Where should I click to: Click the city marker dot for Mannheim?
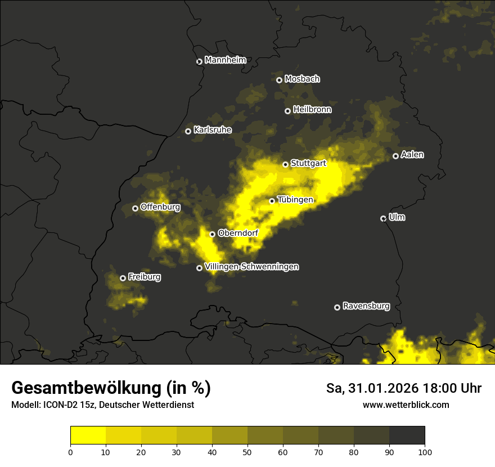click(199, 62)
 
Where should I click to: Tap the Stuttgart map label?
click(308, 163)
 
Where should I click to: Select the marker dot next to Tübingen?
click(272, 201)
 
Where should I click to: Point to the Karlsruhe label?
click(212, 130)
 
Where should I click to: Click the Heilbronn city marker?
click(287, 111)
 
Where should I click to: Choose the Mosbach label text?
click(302, 79)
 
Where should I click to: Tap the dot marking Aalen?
click(395, 156)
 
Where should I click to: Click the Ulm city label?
click(397, 217)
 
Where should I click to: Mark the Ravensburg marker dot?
click(337, 307)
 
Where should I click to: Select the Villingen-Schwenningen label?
click(251, 267)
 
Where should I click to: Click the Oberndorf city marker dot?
click(212, 234)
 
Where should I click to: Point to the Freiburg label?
click(144, 277)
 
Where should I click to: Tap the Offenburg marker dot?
click(135, 208)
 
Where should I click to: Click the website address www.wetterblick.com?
click(406, 405)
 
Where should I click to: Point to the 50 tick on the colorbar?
click(247, 451)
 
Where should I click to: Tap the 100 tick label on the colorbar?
click(425, 451)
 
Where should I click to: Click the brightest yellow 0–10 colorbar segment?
click(88, 435)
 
